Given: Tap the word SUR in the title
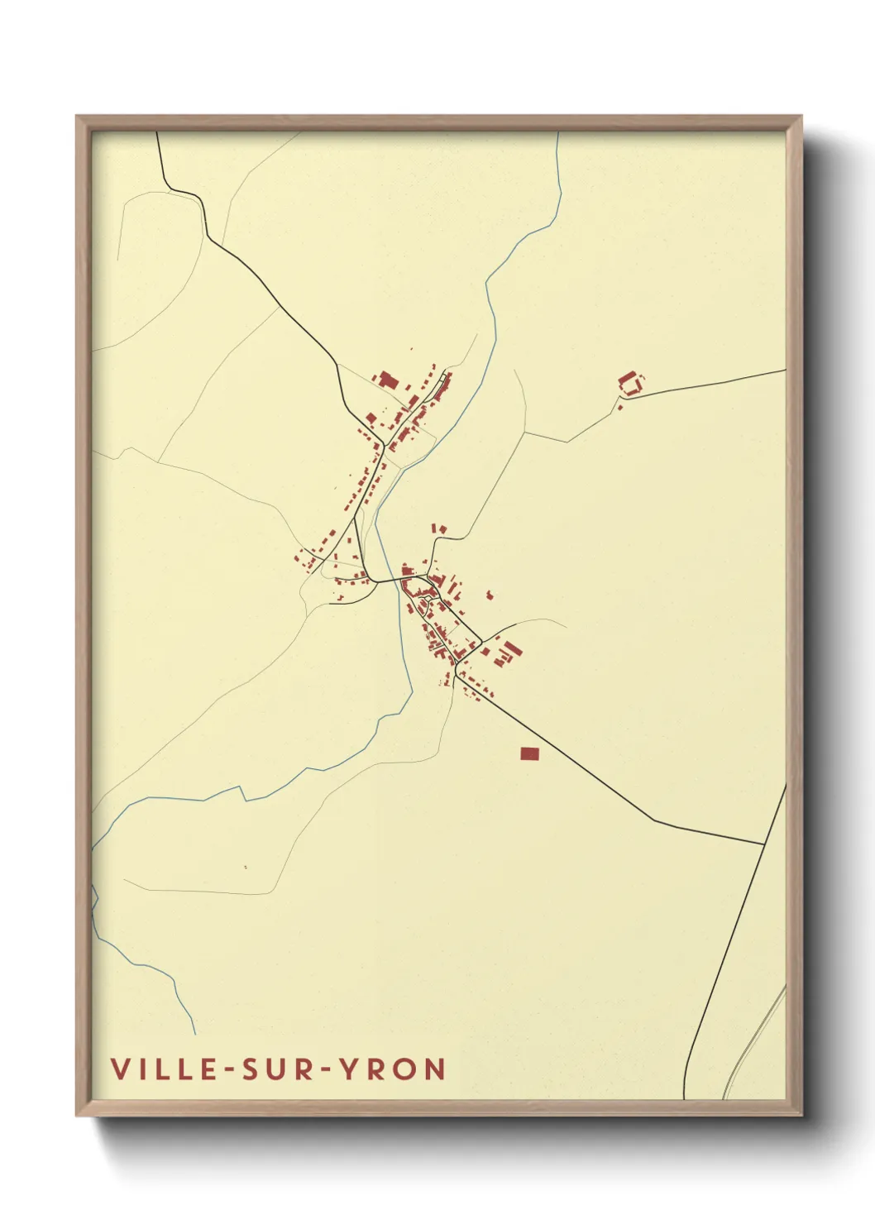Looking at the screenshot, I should [x=270, y=1069].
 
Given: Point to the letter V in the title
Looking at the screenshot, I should [x=120, y=1069].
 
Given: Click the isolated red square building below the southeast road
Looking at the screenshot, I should [x=529, y=753].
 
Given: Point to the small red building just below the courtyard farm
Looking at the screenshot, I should [x=619, y=407].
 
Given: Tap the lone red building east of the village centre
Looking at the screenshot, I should [x=490, y=595].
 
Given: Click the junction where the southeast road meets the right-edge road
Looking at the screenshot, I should [x=763, y=844].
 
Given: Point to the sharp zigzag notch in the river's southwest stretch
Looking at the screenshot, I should [x=244, y=793].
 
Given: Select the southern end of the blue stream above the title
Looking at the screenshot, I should [x=195, y=1034].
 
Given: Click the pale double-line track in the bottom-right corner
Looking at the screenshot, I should [x=754, y=1042].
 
